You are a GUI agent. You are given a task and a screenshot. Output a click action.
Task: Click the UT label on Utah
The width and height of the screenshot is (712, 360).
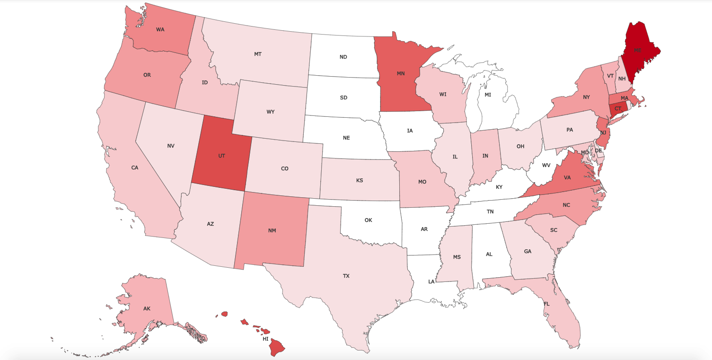(221, 156)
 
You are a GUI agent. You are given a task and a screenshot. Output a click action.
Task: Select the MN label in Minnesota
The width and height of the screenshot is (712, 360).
(400, 73)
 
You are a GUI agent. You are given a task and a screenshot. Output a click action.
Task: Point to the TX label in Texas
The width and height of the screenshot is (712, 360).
(346, 276)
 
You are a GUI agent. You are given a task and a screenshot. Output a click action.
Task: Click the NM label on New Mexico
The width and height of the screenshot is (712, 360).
(272, 230)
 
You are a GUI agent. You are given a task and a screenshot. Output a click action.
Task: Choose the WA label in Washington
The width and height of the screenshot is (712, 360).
(160, 29)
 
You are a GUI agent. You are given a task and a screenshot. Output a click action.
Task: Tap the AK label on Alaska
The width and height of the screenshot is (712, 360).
(147, 308)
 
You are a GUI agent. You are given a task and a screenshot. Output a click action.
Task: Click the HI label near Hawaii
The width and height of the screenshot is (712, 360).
(265, 339)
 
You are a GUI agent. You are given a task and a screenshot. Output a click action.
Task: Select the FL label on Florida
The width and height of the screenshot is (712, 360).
(546, 304)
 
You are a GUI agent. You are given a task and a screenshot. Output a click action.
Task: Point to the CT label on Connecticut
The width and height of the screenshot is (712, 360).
(618, 108)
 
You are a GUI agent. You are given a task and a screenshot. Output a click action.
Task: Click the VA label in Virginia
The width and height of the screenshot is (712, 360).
(567, 178)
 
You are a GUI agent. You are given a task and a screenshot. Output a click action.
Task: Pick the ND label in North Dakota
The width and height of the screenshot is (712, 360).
(343, 57)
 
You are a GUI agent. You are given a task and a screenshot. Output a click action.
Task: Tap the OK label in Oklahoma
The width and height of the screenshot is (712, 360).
(369, 220)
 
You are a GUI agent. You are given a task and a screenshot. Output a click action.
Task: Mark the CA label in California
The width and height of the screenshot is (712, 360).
(134, 167)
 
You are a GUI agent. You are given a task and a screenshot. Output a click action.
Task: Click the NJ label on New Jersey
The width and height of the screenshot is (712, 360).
(603, 133)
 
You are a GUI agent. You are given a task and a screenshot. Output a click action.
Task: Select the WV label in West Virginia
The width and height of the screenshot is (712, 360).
(546, 165)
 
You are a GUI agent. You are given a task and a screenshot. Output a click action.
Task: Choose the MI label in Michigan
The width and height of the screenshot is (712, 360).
(487, 95)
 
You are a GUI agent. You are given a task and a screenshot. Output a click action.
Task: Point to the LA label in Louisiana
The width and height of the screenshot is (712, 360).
(431, 281)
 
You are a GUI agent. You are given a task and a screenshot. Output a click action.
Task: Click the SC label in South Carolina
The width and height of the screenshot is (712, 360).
(554, 230)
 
